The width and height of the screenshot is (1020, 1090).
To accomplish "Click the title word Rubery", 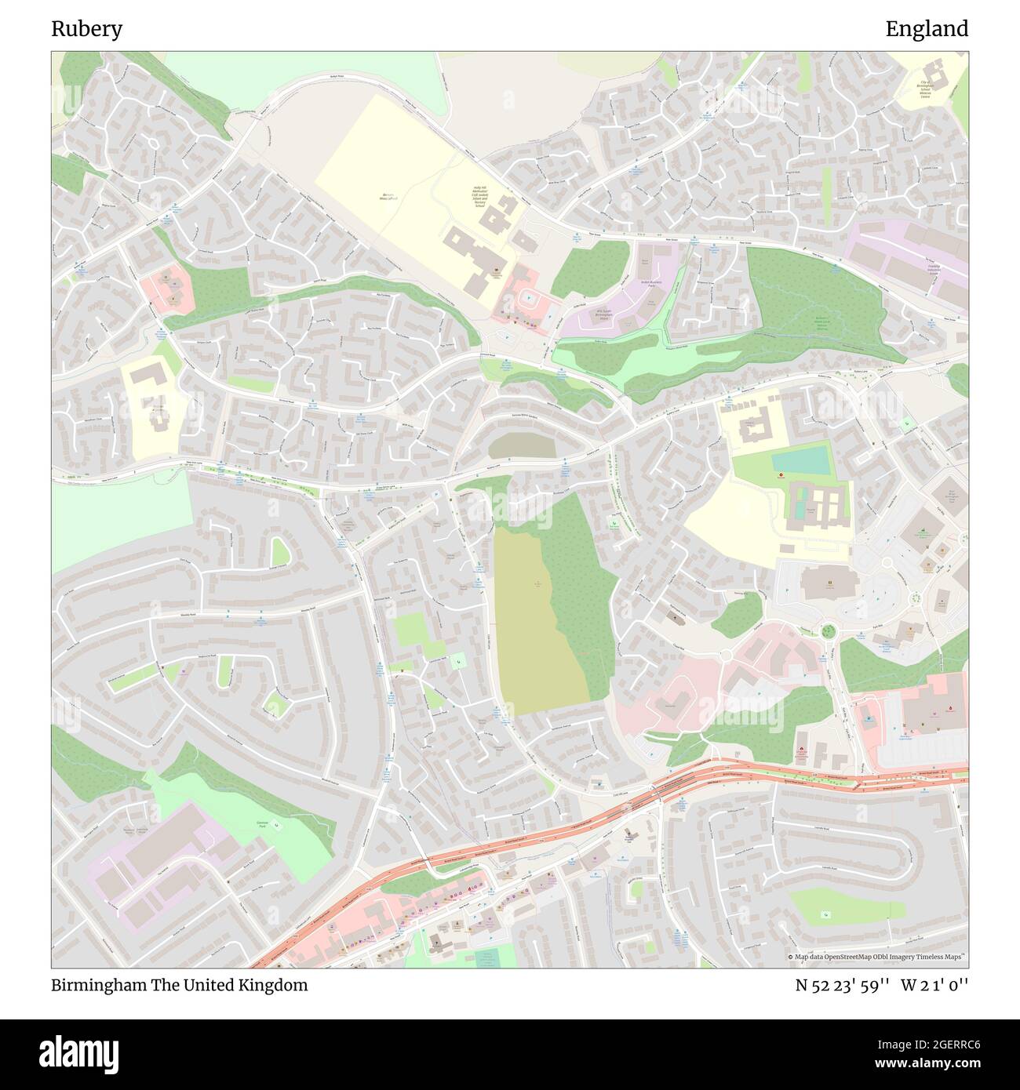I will (x=86, y=29).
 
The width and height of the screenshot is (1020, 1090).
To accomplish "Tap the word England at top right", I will (x=927, y=29).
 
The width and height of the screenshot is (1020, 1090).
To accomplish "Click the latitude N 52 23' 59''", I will (x=842, y=985).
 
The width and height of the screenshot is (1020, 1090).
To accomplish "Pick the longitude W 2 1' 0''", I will (x=934, y=985).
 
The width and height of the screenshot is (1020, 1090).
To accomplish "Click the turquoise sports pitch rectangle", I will (x=800, y=460).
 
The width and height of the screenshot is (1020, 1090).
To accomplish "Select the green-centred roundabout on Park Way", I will (x=827, y=630).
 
